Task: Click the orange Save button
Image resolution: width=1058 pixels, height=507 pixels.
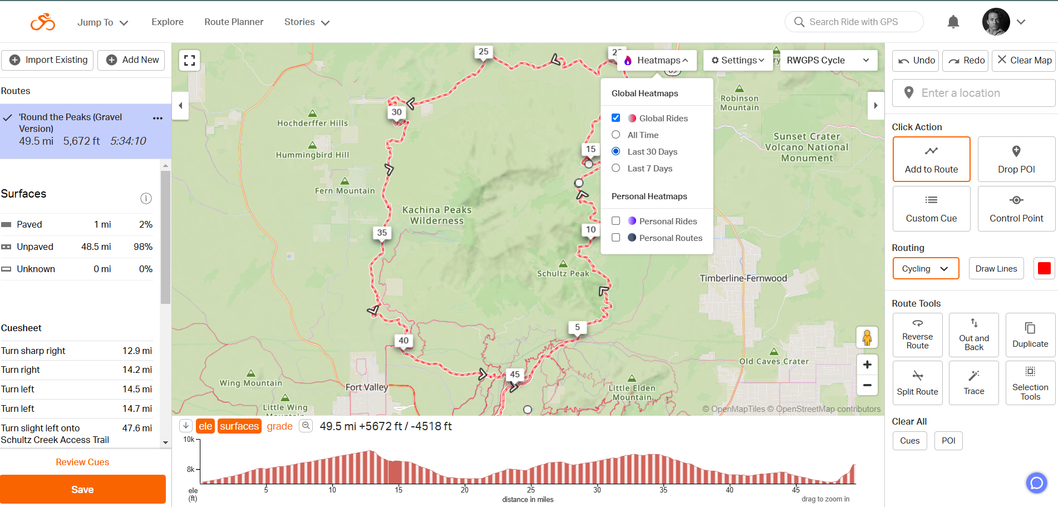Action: [82, 489]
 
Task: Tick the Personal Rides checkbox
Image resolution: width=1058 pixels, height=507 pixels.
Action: [616, 221]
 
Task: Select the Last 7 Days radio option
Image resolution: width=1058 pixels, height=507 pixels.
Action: [616, 168]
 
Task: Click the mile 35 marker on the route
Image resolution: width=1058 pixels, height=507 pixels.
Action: [382, 233]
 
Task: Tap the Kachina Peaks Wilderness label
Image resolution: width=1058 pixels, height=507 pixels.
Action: [437, 215]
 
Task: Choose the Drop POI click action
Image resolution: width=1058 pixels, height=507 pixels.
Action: [1016, 159]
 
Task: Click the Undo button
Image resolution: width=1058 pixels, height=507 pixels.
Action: [916, 60]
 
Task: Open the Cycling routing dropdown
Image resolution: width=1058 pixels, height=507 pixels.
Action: [926, 269]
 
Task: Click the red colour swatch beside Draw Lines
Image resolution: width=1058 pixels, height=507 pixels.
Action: [1044, 268]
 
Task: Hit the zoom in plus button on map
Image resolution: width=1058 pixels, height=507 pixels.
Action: [867, 365]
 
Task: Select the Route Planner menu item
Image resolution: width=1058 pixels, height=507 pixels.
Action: [234, 22]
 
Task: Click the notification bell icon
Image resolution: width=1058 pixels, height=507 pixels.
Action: [953, 22]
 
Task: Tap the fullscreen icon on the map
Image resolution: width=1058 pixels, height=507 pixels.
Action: [189, 60]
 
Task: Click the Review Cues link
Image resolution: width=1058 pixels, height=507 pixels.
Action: [82, 462]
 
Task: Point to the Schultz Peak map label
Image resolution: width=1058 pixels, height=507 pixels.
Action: [563, 273]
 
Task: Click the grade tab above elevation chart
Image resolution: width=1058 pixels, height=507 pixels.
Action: [279, 426]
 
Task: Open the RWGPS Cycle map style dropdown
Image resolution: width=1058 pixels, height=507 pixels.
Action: [828, 60]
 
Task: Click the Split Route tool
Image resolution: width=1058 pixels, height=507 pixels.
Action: [917, 382]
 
